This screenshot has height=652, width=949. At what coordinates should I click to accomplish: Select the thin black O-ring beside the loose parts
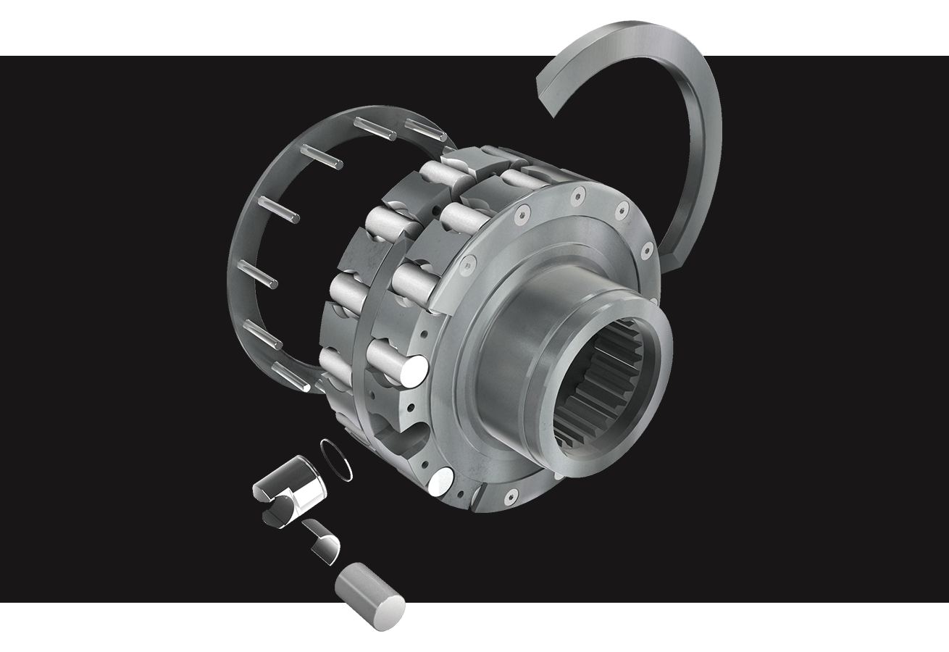coord(337,459)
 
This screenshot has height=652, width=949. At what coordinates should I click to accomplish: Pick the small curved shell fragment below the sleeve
coord(323,540)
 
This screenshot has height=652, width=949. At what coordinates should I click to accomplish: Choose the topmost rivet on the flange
coord(577,195)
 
